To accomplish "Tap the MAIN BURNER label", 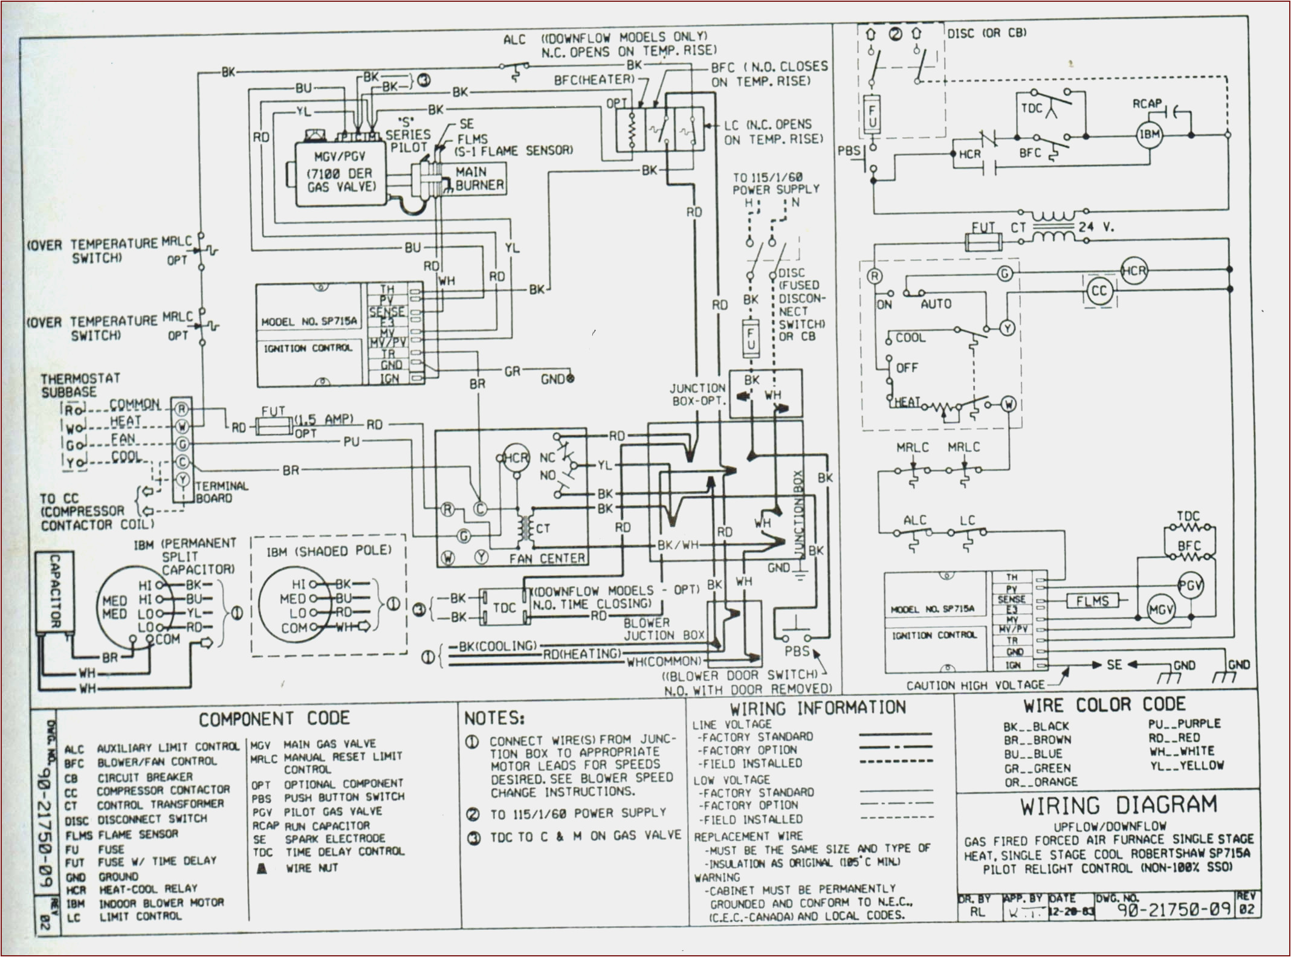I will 479,179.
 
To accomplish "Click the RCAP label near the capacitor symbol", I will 1147,105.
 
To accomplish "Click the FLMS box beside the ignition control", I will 1092,601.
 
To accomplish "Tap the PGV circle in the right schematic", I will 1191,585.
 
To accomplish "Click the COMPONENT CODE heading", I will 274,719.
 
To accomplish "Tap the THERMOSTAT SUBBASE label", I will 80,385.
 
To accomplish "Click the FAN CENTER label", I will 547,559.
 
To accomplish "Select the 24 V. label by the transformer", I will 1096,227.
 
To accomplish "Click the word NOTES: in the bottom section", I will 494,718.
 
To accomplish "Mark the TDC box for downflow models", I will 505,607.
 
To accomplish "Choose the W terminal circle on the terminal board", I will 182,427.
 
